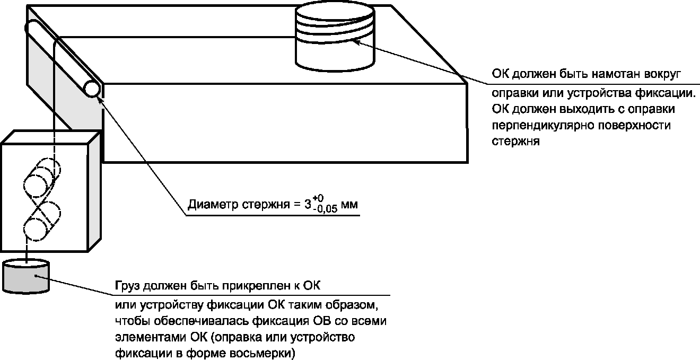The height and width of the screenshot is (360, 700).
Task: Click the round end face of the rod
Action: [92, 89]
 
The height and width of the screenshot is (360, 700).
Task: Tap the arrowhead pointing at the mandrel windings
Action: [356, 41]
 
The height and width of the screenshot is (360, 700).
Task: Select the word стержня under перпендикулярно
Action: [515, 141]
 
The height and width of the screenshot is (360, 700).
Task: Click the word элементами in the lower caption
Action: [151, 338]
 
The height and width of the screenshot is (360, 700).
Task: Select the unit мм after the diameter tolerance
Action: [349, 205]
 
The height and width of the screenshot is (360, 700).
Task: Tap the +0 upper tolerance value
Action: [318, 198]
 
